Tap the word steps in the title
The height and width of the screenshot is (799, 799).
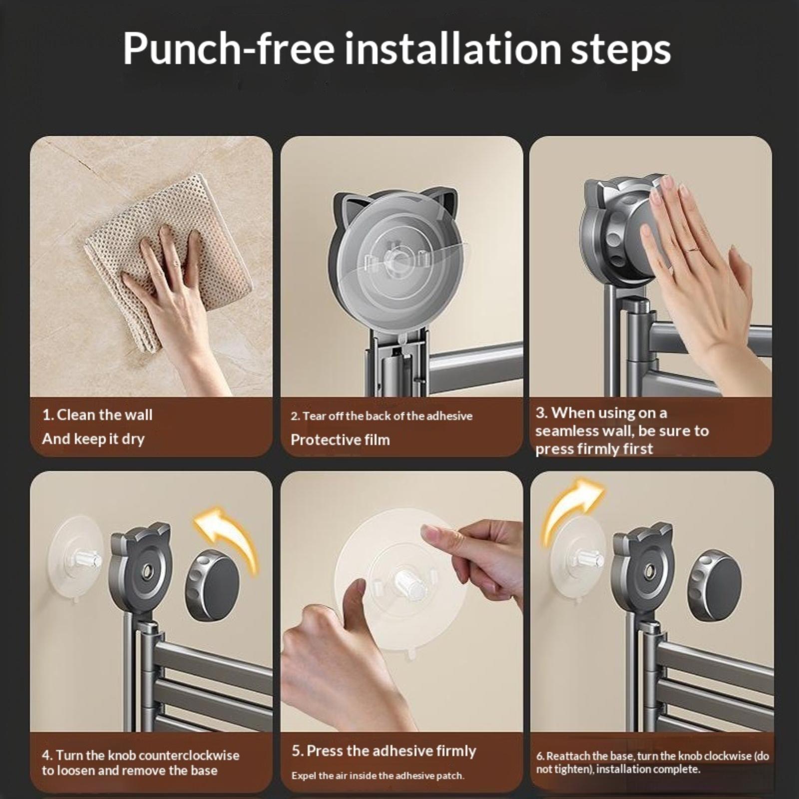620,51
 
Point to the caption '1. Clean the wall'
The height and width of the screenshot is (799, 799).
97,414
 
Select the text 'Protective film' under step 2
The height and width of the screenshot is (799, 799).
340,439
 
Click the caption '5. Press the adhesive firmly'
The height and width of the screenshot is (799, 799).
384,751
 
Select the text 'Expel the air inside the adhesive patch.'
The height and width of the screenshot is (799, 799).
378,776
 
